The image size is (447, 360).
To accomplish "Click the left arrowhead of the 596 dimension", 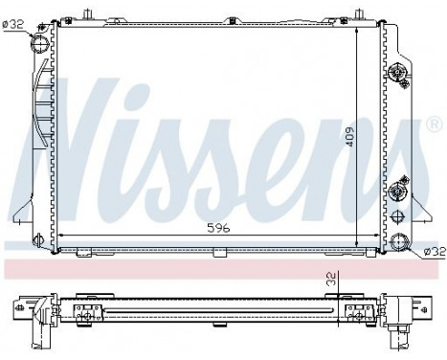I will (x=62, y=234).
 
